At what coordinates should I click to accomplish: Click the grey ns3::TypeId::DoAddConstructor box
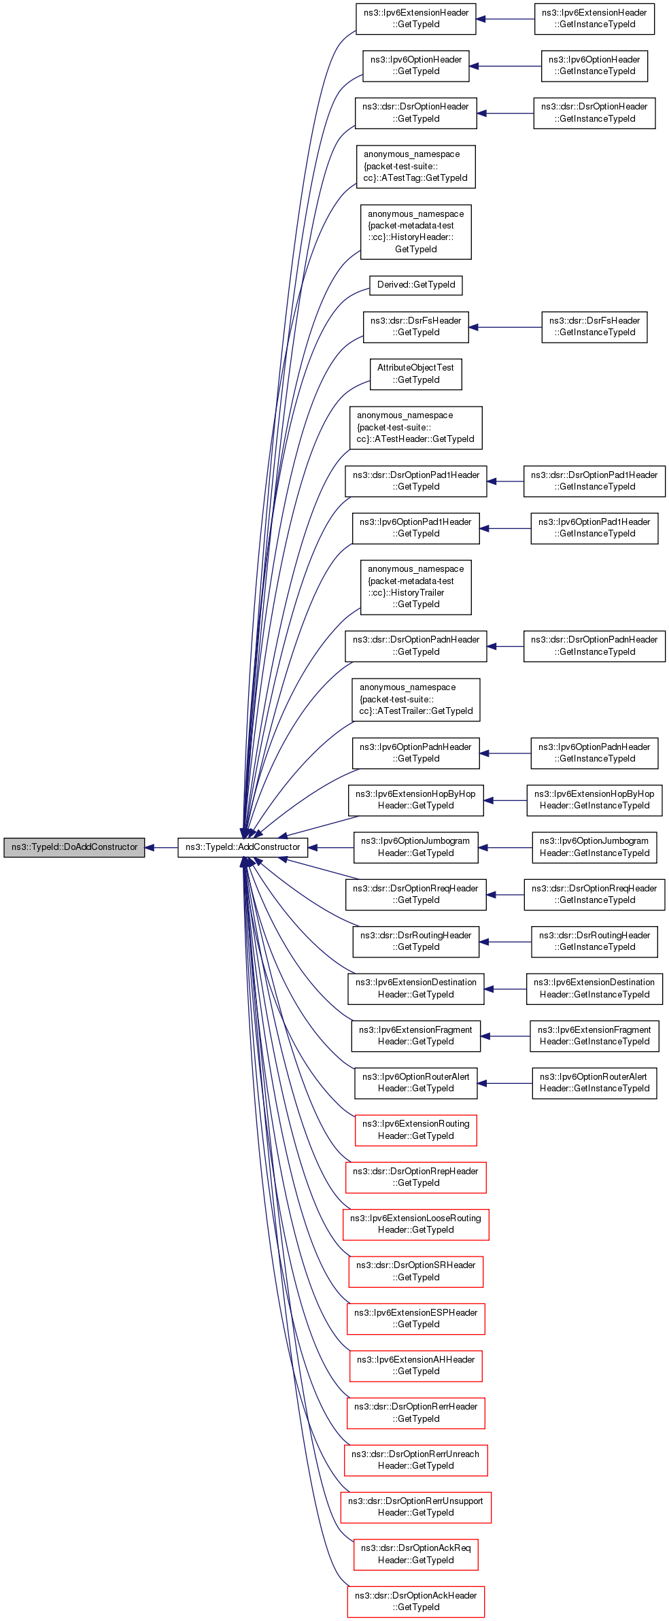[x=74, y=847]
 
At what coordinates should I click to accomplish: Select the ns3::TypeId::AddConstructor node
[x=243, y=847]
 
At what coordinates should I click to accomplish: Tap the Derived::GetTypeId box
[x=416, y=285]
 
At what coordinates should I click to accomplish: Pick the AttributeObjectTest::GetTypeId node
[x=416, y=374]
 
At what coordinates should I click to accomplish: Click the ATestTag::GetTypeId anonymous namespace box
[x=416, y=167]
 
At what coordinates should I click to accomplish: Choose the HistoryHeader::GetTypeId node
[x=416, y=232]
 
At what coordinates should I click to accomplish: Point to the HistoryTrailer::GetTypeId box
[x=416, y=587]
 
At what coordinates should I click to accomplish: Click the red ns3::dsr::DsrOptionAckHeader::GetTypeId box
[x=416, y=1601]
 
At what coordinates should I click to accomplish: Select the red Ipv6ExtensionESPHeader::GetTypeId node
[x=416, y=1318]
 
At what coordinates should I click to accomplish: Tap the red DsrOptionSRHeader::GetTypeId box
[x=416, y=1272]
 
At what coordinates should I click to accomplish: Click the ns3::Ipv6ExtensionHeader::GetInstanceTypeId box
[x=595, y=18]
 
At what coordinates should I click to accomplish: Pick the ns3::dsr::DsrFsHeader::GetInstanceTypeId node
[x=595, y=327]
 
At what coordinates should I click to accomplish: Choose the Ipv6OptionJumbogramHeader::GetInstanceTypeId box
[x=595, y=847]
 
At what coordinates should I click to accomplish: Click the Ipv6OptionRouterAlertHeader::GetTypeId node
[x=416, y=1082]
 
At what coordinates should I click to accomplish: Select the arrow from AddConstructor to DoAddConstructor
[x=162, y=848]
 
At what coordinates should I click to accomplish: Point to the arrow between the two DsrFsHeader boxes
[x=505, y=328]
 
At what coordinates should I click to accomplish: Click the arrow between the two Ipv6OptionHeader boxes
[x=505, y=66]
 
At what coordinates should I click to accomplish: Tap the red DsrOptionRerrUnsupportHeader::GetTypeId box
[x=416, y=1507]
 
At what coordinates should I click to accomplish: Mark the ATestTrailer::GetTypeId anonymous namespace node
[x=416, y=700]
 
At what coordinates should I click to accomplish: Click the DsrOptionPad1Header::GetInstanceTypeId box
[x=595, y=481]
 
